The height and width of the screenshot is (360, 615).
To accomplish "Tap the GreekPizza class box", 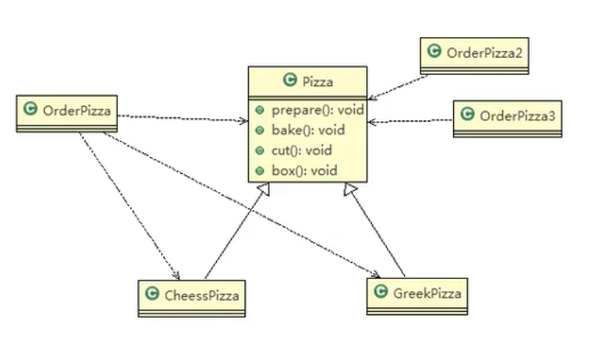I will (x=417, y=295).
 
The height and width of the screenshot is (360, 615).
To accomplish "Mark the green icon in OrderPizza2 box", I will (x=436, y=53).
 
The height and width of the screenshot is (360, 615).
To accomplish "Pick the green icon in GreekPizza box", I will (x=380, y=293).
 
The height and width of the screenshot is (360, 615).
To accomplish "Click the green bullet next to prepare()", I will (x=260, y=110).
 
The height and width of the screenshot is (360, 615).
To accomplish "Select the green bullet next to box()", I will (x=260, y=170).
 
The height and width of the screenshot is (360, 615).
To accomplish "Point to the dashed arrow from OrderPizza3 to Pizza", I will (x=411, y=121).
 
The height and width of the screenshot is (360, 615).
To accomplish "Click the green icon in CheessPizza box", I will (x=152, y=295).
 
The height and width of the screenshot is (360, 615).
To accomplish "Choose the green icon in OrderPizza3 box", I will (x=469, y=115).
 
